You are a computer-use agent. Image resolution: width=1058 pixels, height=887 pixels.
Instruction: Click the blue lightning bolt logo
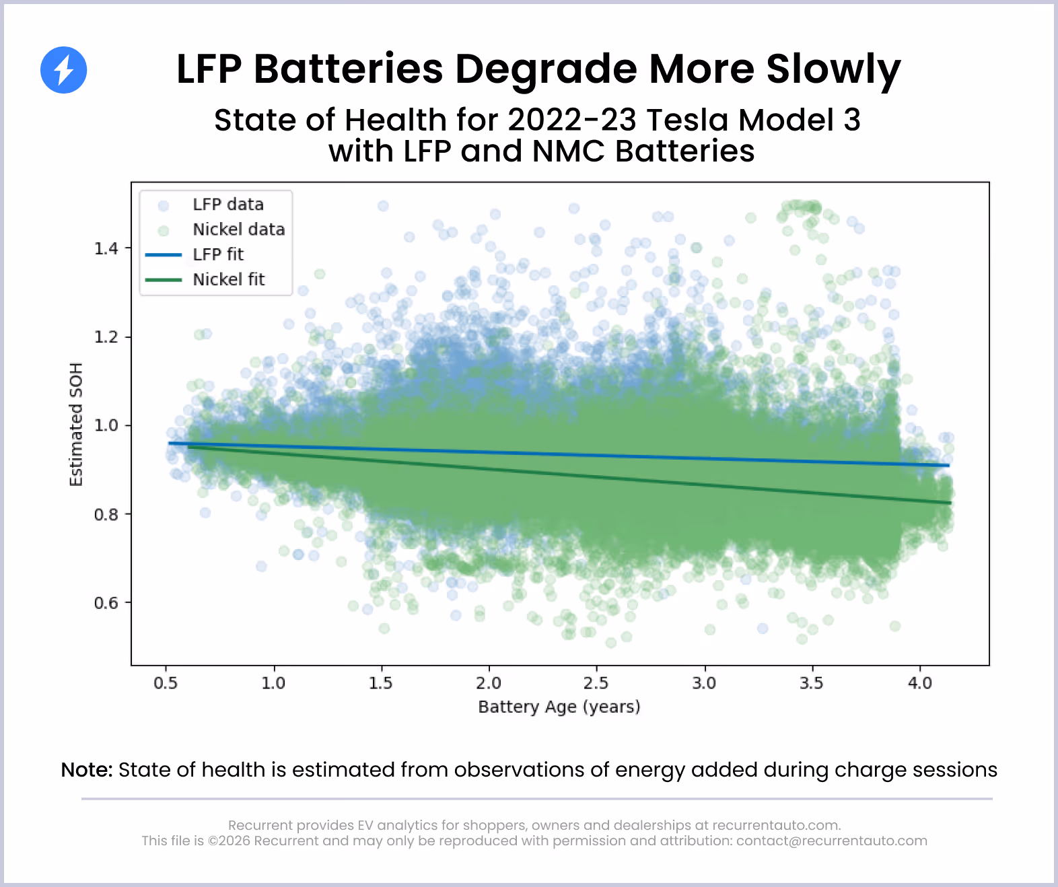[x=64, y=70]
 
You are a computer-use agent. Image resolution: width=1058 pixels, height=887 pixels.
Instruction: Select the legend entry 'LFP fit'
[x=217, y=254]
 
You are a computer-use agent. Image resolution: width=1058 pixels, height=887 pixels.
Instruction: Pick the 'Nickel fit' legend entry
[x=228, y=279]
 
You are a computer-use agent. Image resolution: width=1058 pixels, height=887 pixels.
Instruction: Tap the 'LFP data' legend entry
[x=227, y=205]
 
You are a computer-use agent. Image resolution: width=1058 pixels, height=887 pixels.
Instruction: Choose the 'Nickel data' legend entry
[x=238, y=229]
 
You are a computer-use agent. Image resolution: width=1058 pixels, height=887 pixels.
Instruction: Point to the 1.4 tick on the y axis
[x=106, y=249]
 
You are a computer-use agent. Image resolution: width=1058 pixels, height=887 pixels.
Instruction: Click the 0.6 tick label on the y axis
[x=106, y=603]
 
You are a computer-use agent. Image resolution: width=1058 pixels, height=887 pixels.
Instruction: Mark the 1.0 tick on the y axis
[x=106, y=426]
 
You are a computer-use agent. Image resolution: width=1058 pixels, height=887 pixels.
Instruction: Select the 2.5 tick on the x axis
[x=596, y=683]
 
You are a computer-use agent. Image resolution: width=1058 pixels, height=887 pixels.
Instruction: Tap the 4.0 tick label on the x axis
[x=920, y=683]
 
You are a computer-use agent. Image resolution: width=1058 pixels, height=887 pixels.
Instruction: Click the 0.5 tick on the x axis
[x=166, y=683]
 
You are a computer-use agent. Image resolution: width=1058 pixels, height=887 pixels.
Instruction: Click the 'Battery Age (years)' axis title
[x=559, y=707]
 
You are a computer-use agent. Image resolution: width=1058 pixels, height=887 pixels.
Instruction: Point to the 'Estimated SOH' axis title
[x=76, y=425]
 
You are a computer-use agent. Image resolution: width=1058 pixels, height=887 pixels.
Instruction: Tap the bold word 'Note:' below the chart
[x=87, y=770]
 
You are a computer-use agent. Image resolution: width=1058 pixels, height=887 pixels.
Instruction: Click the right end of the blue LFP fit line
[x=948, y=465]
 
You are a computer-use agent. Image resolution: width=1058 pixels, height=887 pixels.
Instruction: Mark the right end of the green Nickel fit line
[x=950, y=503]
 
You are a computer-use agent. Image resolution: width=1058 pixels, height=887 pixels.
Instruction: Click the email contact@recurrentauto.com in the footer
[x=831, y=841]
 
